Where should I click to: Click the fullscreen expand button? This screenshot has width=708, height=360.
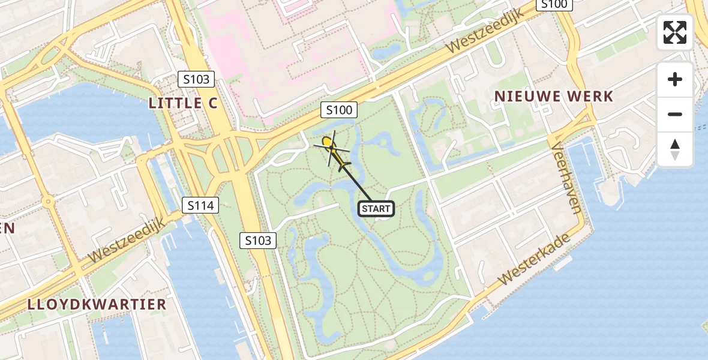[x=675, y=32]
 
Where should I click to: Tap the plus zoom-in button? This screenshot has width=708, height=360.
[x=675, y=79]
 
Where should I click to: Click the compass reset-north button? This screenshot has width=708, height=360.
[x=675, y=149]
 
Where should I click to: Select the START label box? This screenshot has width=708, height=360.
[x=376, y=209]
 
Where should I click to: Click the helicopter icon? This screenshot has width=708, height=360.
[x=332, y=149]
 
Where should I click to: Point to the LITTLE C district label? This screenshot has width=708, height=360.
[x=184, y=103]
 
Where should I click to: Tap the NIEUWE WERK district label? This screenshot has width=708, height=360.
[x=553, y=96]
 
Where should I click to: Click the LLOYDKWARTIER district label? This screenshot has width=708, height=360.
[x=97, y=304]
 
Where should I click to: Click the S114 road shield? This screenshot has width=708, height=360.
[x=200, y=206]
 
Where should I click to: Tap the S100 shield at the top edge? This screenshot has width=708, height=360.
[x=554, y=5]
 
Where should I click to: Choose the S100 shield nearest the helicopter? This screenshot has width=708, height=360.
[x=339, y=110]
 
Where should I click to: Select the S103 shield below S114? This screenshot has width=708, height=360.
[x=258, y=241]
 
